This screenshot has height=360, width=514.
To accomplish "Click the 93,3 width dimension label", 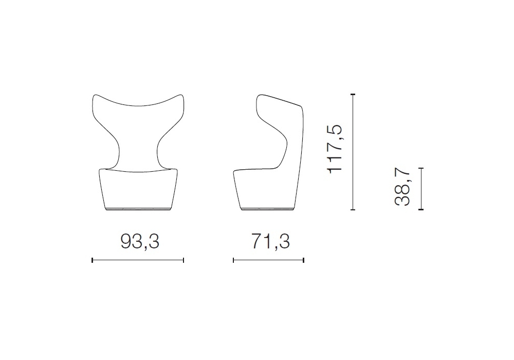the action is [140, 242].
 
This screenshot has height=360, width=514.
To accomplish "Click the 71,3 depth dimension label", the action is [270, 242].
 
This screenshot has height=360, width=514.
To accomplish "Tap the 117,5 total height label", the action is [335, 149].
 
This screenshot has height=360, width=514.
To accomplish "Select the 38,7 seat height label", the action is [402, 186].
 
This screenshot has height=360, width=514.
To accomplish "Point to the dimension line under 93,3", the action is [138, 260].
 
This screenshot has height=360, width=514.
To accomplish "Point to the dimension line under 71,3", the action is [268, 260].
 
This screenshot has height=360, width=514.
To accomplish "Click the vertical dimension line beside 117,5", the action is [353, 152].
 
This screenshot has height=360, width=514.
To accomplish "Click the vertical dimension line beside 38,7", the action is [421, 189].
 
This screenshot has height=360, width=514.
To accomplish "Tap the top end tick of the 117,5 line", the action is [353, 95].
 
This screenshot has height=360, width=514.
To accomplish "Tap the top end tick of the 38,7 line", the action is [421, 168].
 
